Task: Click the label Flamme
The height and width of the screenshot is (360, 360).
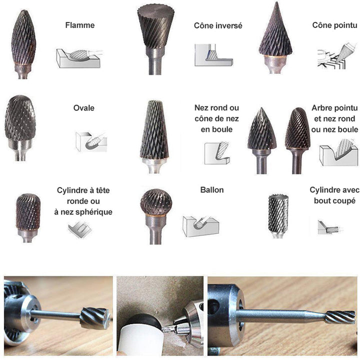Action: pos(80,25)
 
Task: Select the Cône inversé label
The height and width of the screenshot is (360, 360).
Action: pos(218,25)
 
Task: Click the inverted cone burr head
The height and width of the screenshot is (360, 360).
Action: pos(156,26)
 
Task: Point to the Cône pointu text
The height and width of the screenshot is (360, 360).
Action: pos(334,25)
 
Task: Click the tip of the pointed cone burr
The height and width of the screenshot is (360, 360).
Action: pos(277,2)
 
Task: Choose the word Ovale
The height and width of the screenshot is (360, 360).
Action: pos(84,108)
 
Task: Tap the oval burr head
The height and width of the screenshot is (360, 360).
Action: pos(20,118)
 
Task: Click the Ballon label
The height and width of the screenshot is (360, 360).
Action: pos(212,190)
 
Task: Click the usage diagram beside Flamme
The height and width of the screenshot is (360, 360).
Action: pos(78,58)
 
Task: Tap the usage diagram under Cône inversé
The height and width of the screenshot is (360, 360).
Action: pos(213,55)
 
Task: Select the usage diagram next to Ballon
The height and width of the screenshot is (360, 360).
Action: pos(200,226)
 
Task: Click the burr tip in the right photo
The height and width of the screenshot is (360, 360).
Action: pos(340,317)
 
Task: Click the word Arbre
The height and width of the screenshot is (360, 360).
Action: pos(321,108)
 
